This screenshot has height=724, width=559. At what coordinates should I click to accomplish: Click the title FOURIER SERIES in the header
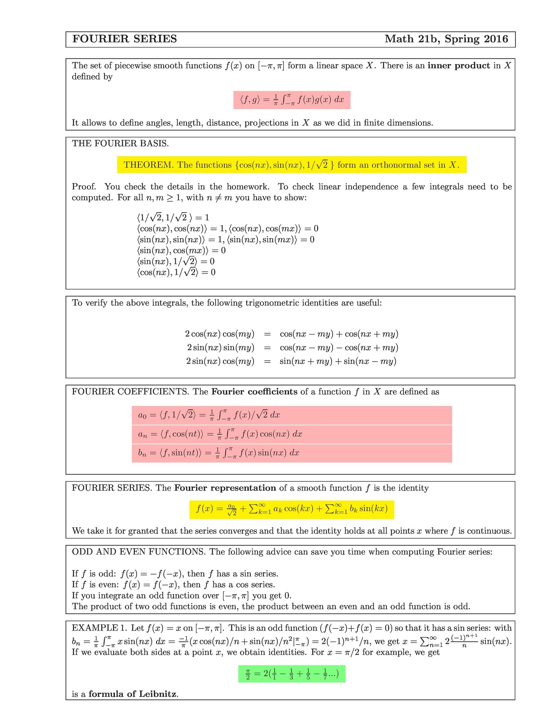tap(125, 39)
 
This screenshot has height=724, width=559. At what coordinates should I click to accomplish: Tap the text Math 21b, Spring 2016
tap(446, 39)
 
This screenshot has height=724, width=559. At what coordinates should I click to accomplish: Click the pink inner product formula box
tap(292, 100)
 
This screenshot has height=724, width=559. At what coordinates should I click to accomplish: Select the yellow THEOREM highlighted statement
tap(291, 165)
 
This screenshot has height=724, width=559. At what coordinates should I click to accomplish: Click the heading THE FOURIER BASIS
tap(120, 144)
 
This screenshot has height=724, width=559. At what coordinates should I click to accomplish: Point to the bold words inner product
tap(458, 66)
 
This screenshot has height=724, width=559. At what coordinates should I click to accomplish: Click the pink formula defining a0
tap(291, 415)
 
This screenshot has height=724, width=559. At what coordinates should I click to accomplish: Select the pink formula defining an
tap(291, 434)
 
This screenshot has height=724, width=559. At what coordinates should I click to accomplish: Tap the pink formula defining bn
tap(291, 453)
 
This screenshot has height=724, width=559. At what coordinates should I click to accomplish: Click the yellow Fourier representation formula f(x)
tap(291, 509)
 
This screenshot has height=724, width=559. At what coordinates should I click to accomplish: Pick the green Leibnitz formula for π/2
tap(291, 674)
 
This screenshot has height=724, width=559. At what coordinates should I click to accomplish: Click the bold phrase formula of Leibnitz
tap(133, 694)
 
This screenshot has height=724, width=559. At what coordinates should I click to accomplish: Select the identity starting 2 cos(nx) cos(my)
tap(291, 334)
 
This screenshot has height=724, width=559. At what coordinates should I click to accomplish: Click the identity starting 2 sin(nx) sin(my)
tap(291, 348)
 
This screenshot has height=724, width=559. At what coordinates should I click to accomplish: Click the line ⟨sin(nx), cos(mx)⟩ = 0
tap(181, 251)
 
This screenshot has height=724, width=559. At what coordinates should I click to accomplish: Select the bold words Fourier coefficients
tap(254, 392)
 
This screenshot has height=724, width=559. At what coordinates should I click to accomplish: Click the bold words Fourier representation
tap(225, 488)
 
